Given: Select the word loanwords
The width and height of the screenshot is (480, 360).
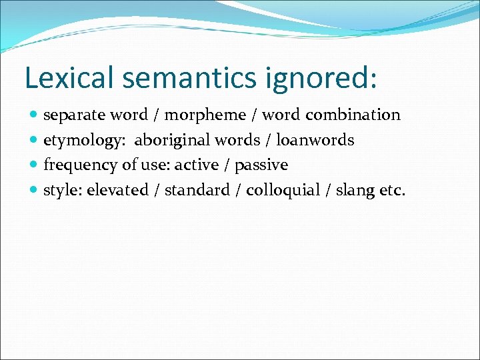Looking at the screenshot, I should click(x=315, y=141).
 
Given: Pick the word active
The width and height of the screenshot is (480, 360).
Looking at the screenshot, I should click(x=197, y=165).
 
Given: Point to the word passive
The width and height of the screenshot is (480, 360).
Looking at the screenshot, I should click(x=261, y=165).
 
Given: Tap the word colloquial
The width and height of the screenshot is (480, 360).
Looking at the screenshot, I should click(x=283, y=191).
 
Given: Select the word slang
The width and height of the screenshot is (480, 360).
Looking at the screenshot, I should click(x=354, y=191).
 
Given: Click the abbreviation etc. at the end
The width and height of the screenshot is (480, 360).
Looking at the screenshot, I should click(x=391, y=191).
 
